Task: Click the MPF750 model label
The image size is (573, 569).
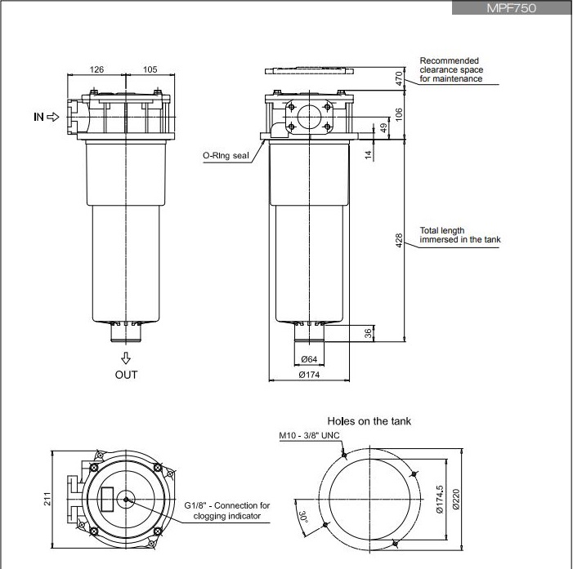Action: point(511,8)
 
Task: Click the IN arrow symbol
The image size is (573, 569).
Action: point(53,117)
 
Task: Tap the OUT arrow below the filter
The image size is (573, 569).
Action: point(126,358)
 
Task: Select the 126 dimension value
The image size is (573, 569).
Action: point(96,69)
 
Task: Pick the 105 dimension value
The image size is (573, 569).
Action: point(150,69)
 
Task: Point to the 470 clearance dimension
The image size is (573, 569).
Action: point(399,78)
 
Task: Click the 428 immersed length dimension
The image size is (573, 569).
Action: point(399,241)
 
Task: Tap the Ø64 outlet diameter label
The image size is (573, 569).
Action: point(309,359)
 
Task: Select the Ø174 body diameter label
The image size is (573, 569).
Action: point(309,375)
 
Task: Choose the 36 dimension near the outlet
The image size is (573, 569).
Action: point(369,333)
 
